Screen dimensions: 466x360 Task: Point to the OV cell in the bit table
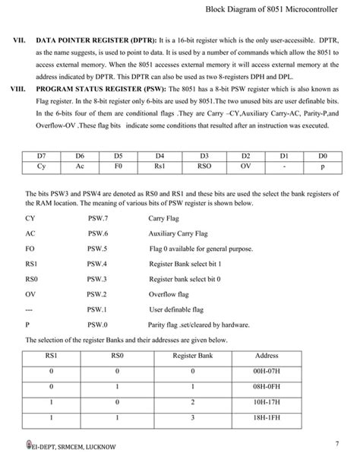[x=245, y=164]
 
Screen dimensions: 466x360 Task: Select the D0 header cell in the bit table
[x=323, y=154]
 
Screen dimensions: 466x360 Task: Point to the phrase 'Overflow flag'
[x=169, y=293]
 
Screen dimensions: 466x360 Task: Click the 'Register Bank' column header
[x=193, y=355]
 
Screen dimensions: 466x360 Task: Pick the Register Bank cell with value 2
[x=193, y=402]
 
